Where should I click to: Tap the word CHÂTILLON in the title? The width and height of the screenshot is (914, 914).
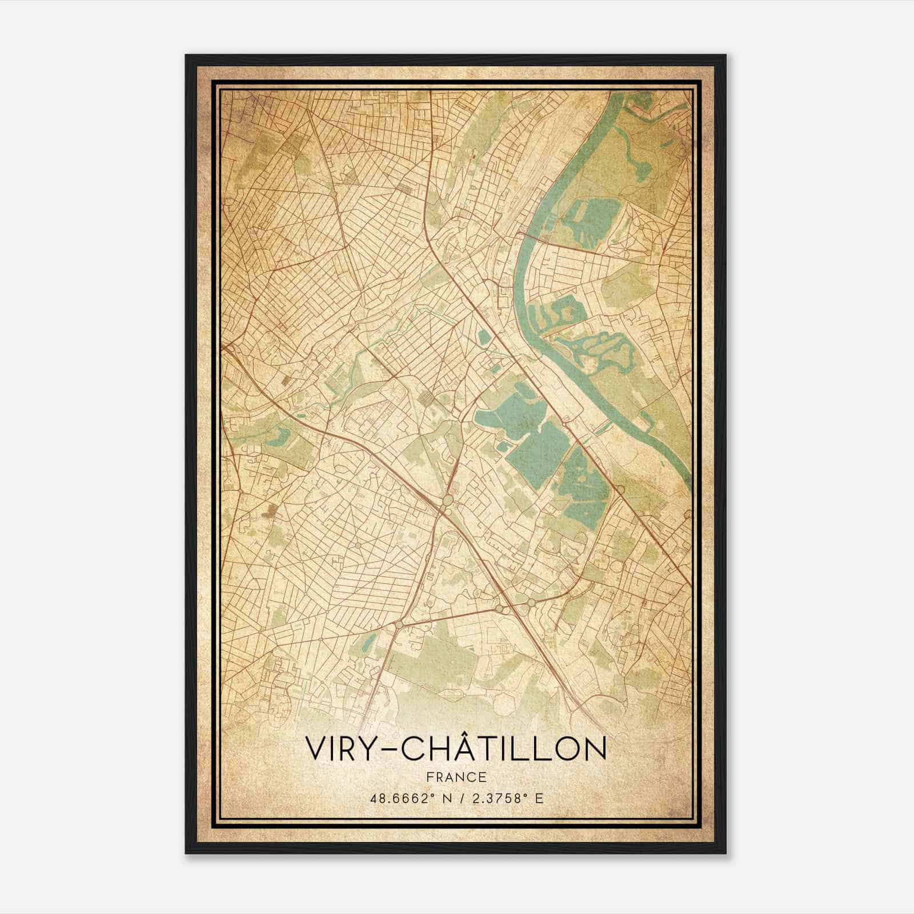[503, 749]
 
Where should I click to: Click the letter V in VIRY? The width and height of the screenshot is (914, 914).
[316, 749]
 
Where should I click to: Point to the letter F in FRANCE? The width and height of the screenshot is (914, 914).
[430, 777]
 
